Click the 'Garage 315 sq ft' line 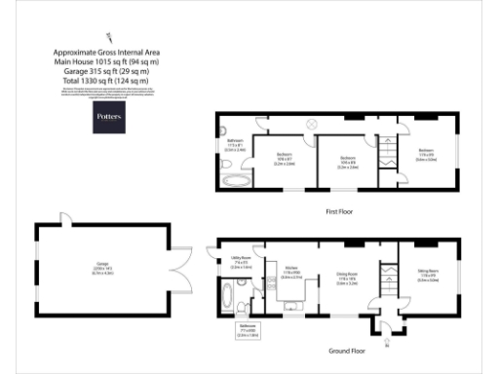click(107, 71)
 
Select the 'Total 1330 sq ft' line click(107, 80)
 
